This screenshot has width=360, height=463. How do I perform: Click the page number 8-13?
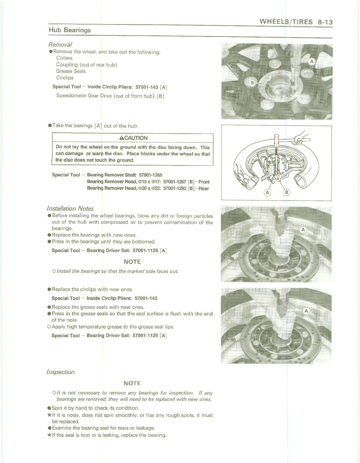325,22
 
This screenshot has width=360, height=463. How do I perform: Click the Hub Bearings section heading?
70,30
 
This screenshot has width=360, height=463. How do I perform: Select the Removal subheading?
60,45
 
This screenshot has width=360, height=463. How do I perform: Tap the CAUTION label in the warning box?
134,138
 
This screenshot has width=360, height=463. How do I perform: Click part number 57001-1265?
150,175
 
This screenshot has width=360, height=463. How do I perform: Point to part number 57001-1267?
175,182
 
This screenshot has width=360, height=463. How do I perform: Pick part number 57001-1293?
175,188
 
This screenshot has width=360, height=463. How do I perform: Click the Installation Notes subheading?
70,208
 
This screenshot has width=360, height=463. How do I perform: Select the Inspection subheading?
60,372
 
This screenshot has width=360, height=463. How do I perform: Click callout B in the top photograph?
252,83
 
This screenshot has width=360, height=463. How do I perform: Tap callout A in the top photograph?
312,61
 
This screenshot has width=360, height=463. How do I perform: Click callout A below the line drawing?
267,193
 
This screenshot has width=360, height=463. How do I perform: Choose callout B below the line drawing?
287,193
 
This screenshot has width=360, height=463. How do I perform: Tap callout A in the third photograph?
303,230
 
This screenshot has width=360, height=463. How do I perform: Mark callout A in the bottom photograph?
306,311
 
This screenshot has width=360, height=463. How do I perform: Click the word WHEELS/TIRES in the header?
286,22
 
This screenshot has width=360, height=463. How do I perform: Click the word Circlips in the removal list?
65,78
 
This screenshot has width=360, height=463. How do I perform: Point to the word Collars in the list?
64,58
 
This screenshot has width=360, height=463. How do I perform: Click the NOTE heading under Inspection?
132,383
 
